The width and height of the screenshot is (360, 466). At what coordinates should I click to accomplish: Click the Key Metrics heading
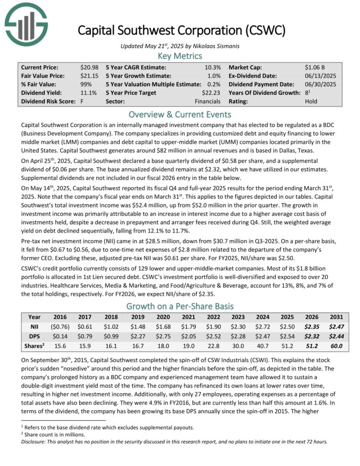(180, 56)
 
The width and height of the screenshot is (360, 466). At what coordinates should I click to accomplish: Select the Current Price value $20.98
(89, 67)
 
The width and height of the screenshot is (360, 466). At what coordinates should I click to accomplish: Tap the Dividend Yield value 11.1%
(89, 93)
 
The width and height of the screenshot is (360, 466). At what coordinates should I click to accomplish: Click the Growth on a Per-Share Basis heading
(180, 306)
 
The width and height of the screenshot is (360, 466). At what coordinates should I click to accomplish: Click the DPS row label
(31, 337)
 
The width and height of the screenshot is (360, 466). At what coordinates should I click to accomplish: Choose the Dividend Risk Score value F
(82, 101)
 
